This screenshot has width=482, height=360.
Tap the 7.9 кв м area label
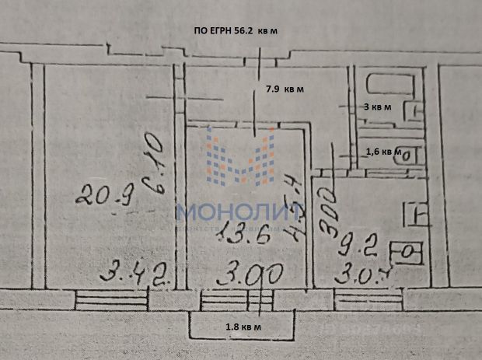284,89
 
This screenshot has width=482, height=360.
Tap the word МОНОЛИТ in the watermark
240,211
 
